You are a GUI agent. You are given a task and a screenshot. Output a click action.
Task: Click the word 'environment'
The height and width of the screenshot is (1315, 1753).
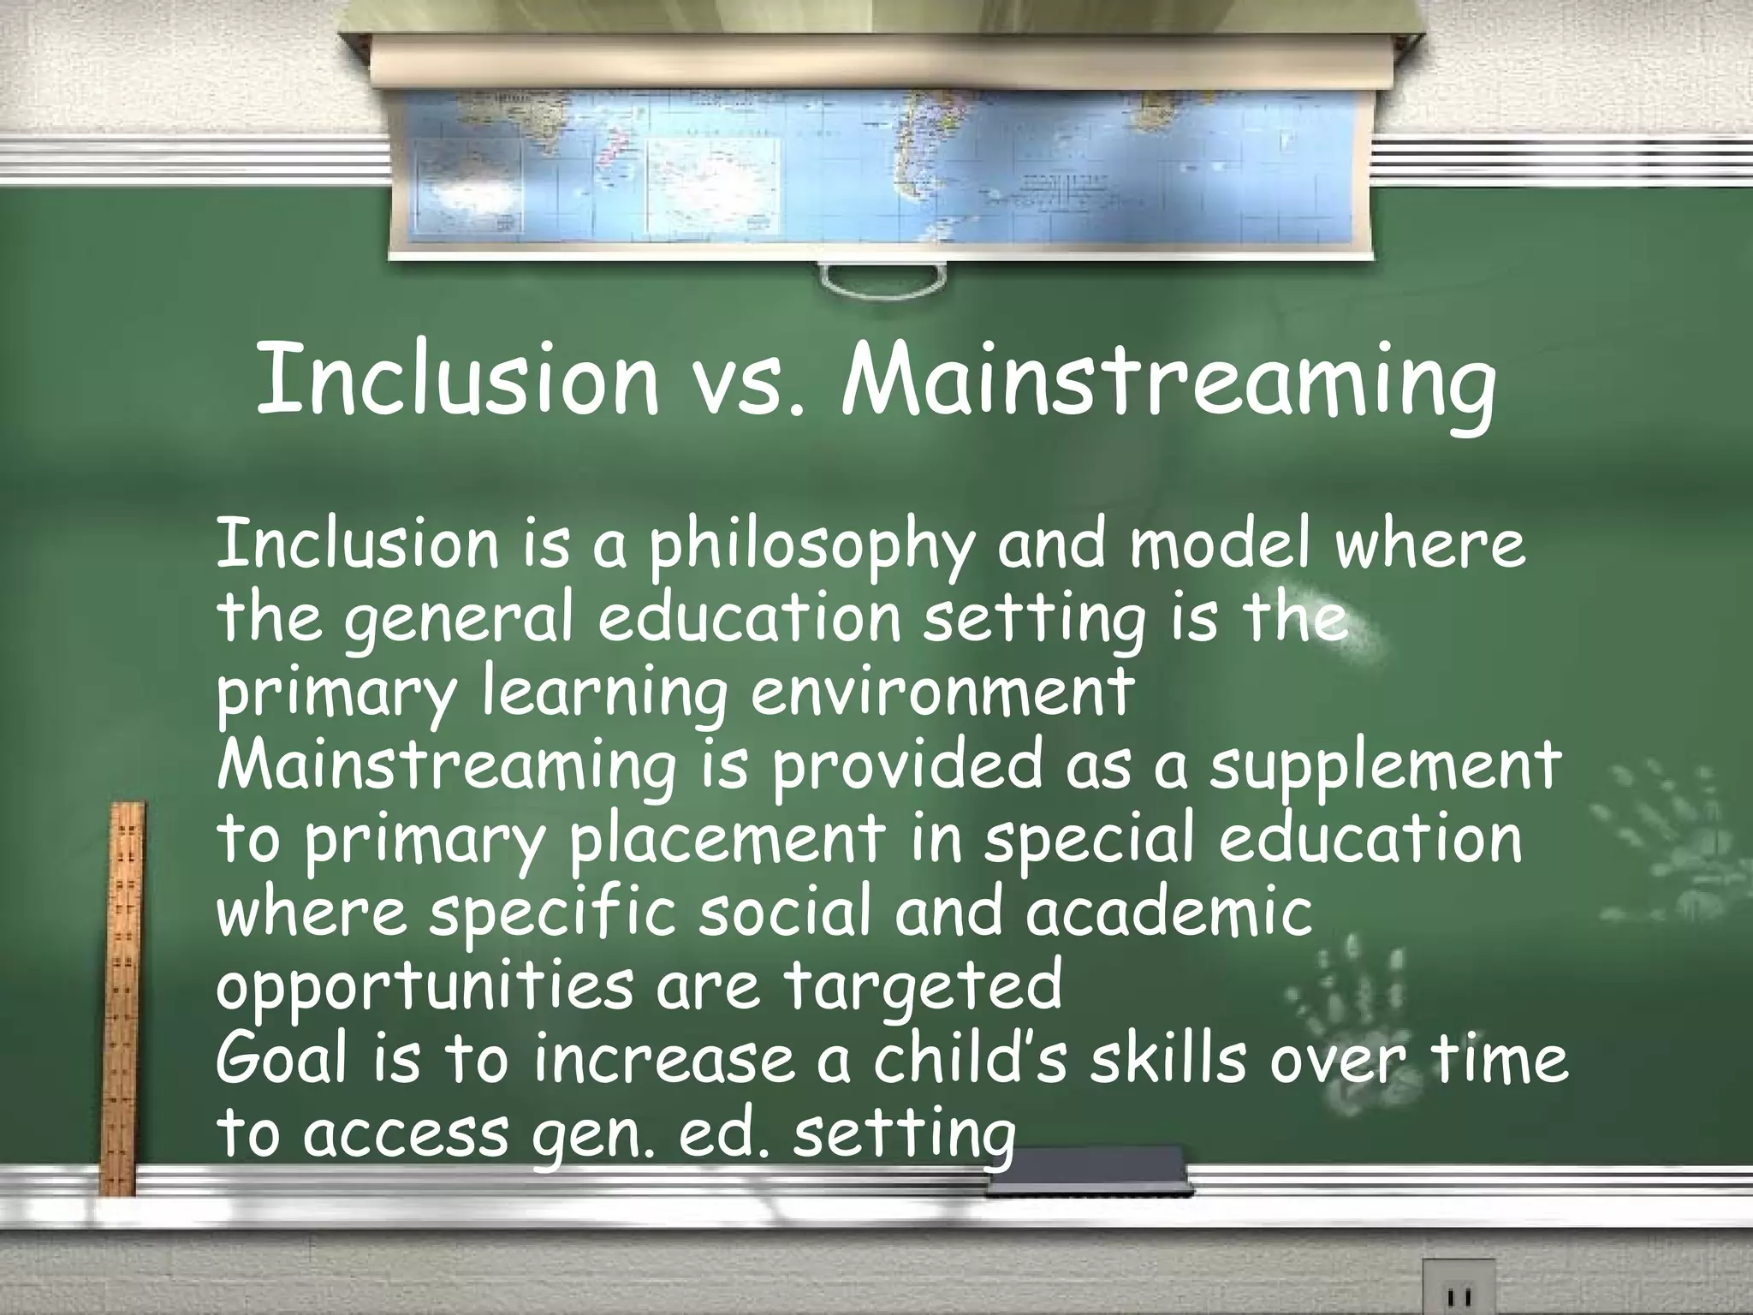pos(942,693)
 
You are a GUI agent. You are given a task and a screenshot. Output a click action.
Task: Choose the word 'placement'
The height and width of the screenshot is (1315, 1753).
pos(728,840)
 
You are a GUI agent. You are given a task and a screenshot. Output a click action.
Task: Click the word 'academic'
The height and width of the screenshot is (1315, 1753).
pos(1169,913)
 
